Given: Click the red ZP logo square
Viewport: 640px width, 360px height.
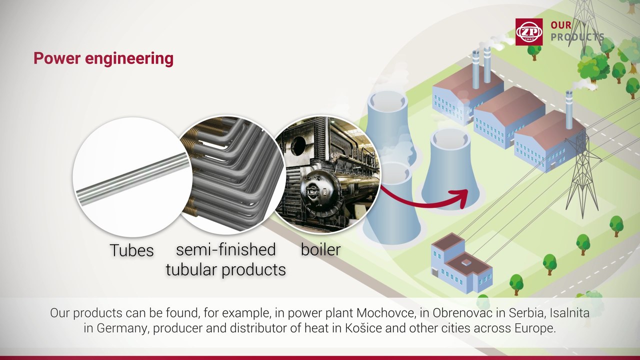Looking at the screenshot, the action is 529,32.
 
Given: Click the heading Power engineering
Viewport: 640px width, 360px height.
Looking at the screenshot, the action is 103,58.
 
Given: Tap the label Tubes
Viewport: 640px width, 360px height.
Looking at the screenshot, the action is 131,250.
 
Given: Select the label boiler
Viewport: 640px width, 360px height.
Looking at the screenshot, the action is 320,249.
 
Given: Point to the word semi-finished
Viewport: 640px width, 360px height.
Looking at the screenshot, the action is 225,249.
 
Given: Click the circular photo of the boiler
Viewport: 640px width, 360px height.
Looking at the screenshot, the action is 326,175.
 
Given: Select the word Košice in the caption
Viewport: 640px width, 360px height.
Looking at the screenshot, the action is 363,328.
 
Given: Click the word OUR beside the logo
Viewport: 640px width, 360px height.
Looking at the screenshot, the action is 561,25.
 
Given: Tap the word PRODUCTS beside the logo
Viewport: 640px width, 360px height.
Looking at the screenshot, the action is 577,37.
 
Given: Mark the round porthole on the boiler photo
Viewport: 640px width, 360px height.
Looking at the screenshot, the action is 298,145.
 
